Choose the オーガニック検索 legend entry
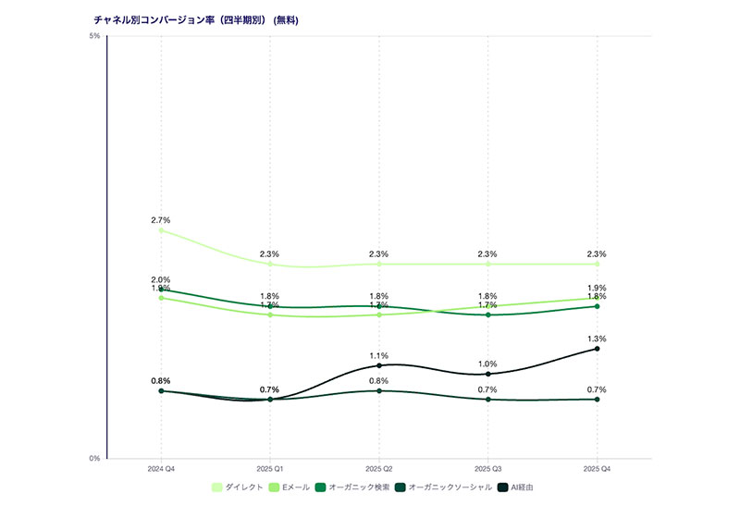coord(352,487)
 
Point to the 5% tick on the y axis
coord(94,36)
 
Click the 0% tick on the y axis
coord(94,458)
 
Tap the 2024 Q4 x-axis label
coord(161,469)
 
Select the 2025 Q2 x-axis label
coord(379,469)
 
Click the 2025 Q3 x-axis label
coord(487,469)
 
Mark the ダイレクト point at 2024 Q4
coord(161,230)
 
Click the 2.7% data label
coord(161,220)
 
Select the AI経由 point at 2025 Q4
coord(597,349)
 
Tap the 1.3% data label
coord(597,339)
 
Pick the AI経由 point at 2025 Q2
coord(379,365)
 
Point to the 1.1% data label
coord(379,355)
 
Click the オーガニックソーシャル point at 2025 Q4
coord(597,399)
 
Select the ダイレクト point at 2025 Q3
coord(487,265)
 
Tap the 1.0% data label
coord(487,364)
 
